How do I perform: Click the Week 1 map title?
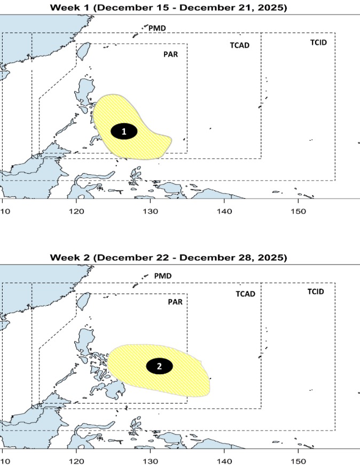[x=169, y=7]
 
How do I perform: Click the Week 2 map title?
[x=169, y=258]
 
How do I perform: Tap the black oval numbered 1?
[x=124, y=131]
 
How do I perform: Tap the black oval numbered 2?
[x=160, y=366]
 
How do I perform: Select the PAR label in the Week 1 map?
[x=170, y=54]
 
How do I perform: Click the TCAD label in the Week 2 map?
[x=245, y=294]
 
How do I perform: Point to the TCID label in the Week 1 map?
[x=318, y=42]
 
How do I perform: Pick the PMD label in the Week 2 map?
[x=162, y=276]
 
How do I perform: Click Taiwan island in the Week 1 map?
[x=83, y=51]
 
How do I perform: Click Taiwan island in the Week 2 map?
[x=83, y=301]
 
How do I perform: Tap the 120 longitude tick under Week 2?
[x=76, y=460]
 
